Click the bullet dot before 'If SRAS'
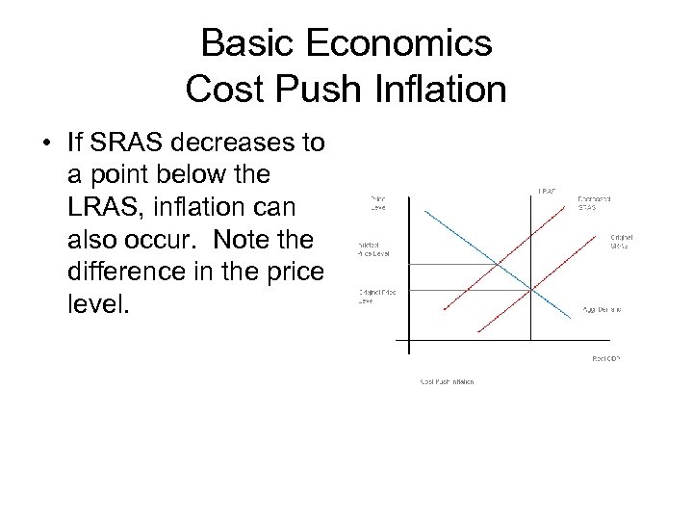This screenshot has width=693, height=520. pos(46,145)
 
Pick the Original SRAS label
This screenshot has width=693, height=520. pos(622,242)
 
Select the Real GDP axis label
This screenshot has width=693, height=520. pos(605,357)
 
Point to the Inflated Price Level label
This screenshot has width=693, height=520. pos(373,248)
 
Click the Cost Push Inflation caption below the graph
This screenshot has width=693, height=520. pos(447,381)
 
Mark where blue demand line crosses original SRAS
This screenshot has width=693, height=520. pos(531,289)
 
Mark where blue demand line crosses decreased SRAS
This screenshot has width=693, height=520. pos(498,262)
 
